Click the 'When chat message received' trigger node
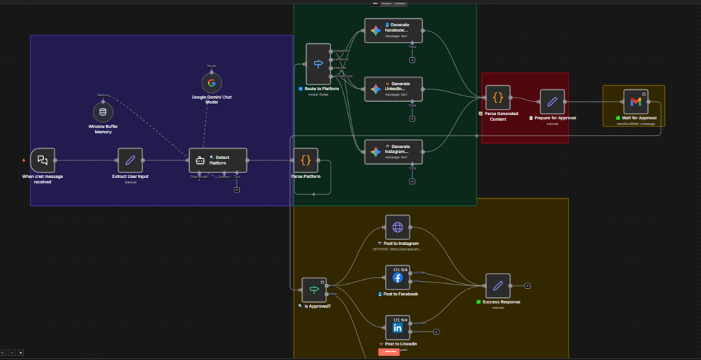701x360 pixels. [43, 160]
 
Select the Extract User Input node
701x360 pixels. [130, 160]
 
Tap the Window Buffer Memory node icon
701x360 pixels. [103, 112]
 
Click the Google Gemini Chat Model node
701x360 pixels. [211, 82]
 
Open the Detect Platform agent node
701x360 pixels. [218, 160]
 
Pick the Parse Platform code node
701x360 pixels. [306, 160]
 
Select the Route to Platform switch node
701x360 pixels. [318, 64]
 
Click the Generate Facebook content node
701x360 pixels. [393, 31]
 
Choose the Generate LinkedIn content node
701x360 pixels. [393, 89]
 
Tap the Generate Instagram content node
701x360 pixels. [393, 151]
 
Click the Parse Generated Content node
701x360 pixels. [498, 98]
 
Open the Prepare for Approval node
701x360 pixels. [552, 102]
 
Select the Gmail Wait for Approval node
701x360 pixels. [635, 102]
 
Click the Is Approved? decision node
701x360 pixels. [314, 290]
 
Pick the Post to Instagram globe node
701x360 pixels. [398, 227]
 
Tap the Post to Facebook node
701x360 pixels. [398, 278]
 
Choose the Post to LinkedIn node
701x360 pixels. [398, 328]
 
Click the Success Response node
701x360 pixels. [498, 285]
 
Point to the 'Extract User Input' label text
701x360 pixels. [130, 177]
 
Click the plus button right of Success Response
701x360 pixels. [528, 285]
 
